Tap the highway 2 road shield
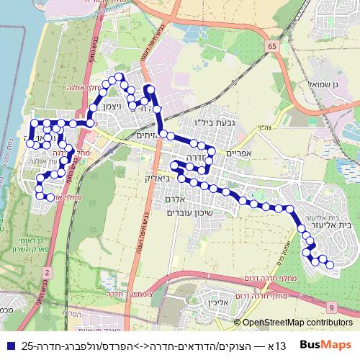47,272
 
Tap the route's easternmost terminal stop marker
330,266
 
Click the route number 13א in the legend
280,346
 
